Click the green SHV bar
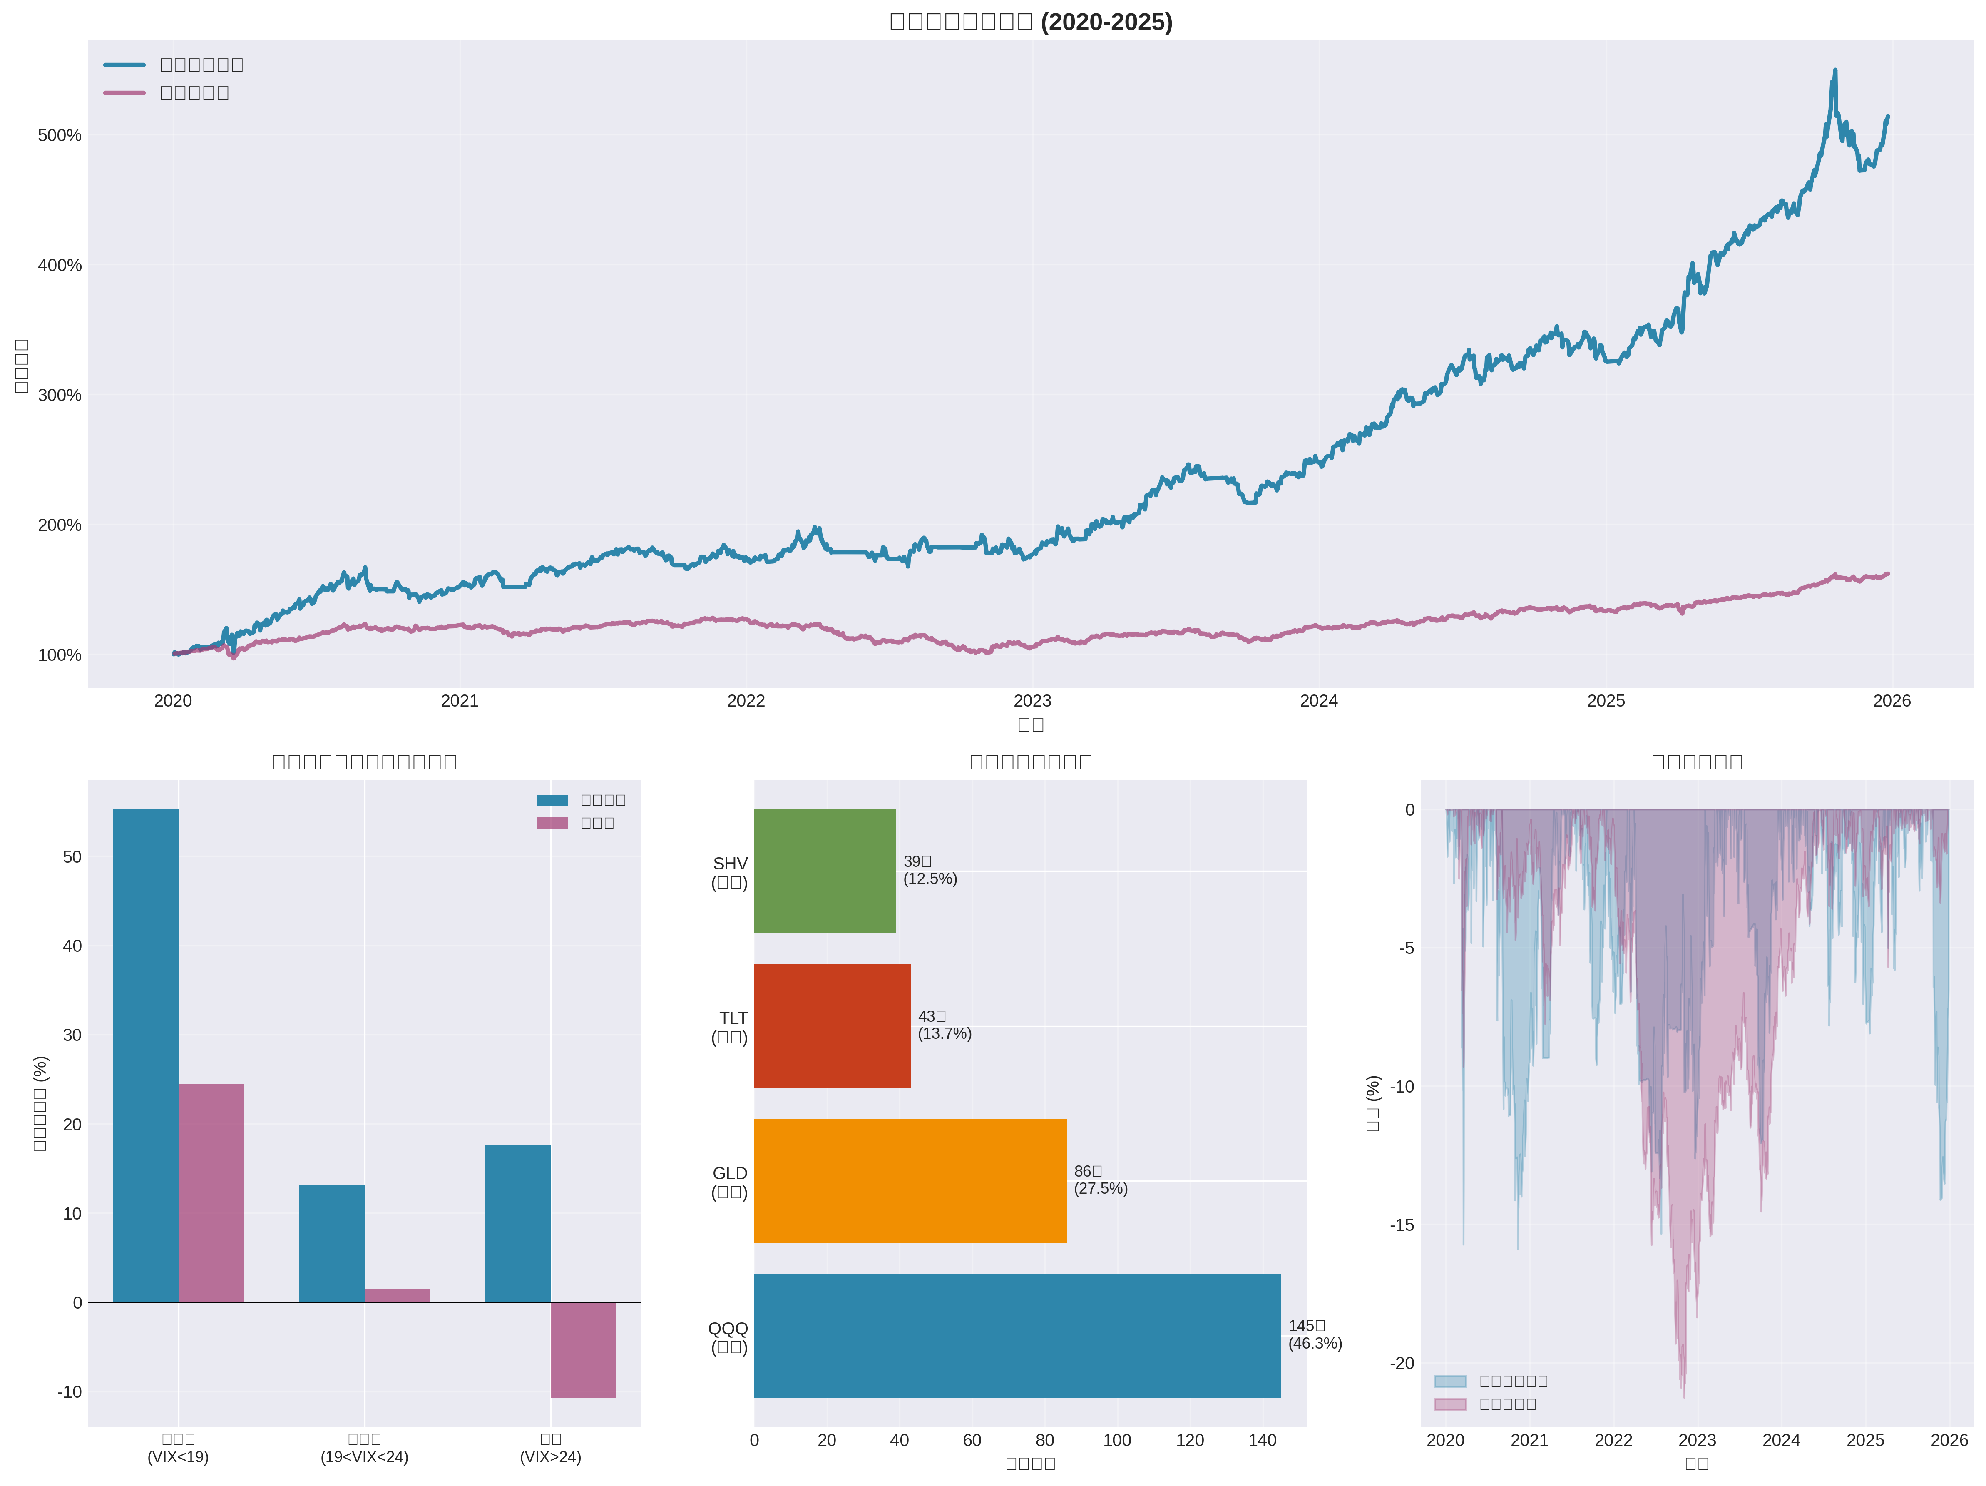click(x=824, y=871)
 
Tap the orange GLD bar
click(x=910, y=1181)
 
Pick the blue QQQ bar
click(x=1017, y=1335)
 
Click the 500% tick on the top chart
click(x=59, y=136)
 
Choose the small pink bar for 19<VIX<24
click(x=397, y=1296)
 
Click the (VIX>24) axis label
click(x=550, y=1457)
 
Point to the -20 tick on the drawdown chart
click(x=1402, y=1363)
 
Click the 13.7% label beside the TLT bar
click(x=945, y=1033)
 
